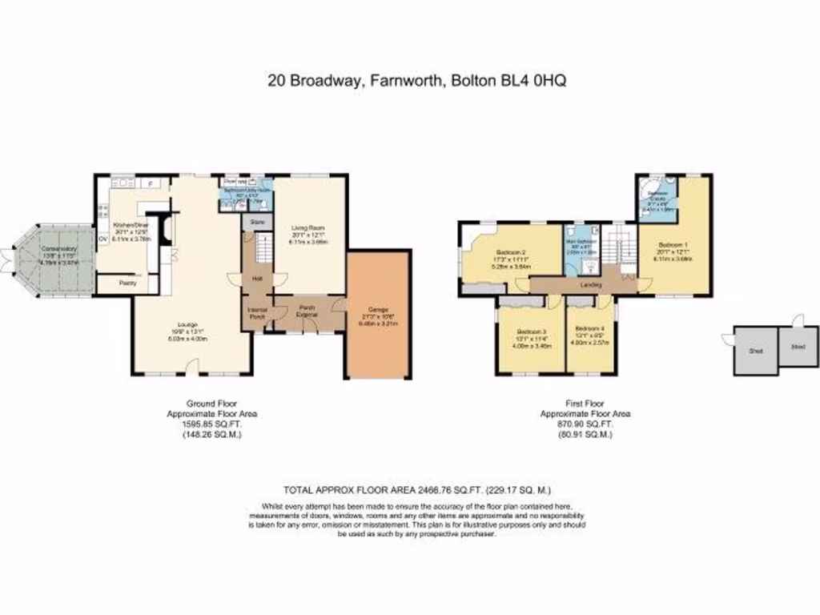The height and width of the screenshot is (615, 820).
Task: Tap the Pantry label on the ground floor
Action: pyautogui.click(x=127, y=283)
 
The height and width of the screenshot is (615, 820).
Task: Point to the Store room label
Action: pyautogui.click(x=257, y=220)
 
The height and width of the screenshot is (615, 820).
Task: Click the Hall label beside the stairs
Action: pyautogui.click(x=257, y=279)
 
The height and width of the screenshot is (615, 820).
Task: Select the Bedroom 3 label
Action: pyautogui.click(x=531, y=332)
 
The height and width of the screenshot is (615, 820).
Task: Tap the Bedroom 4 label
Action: pyautogui.click(x=590, y=328)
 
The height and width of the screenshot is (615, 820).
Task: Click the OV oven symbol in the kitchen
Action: pyautogui.click(x=102, y=239)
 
